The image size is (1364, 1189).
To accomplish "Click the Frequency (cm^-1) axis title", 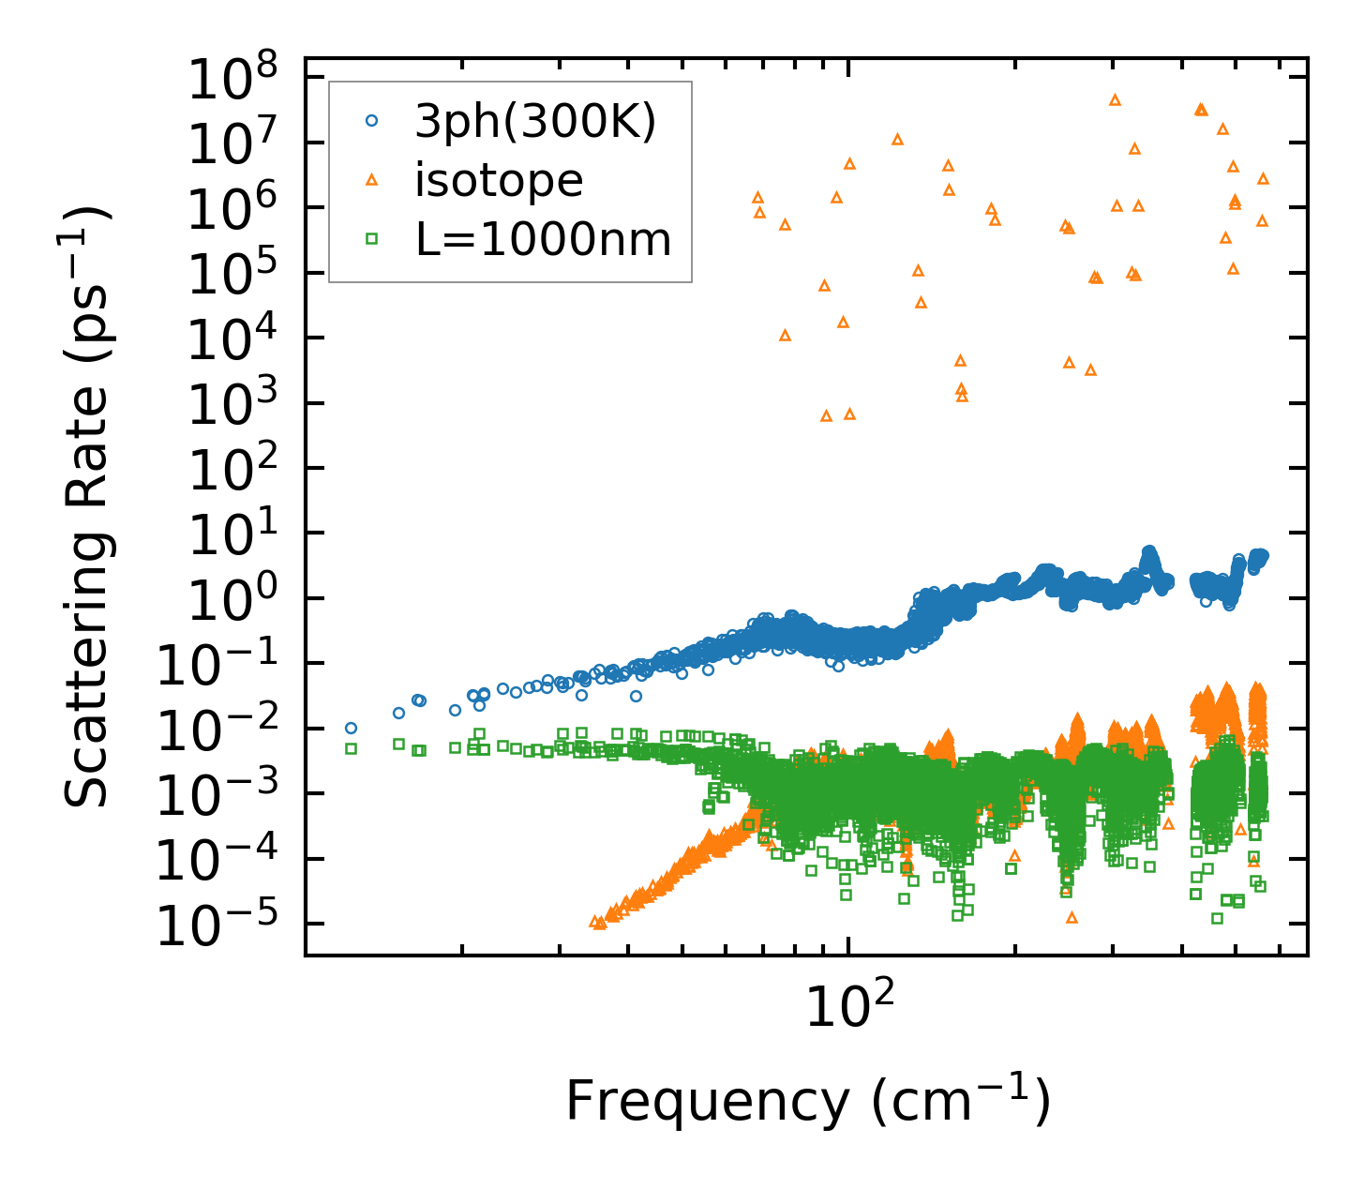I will (x=808, y=1101).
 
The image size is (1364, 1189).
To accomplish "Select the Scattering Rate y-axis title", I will (x=87, y=507).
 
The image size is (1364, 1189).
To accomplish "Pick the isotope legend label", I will (x=499, y=180).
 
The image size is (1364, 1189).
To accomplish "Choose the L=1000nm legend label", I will (x=544, y=239).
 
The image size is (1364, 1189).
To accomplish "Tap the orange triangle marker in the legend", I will (x=371, y=180).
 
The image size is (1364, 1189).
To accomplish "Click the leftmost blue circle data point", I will (x=351, y=728).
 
